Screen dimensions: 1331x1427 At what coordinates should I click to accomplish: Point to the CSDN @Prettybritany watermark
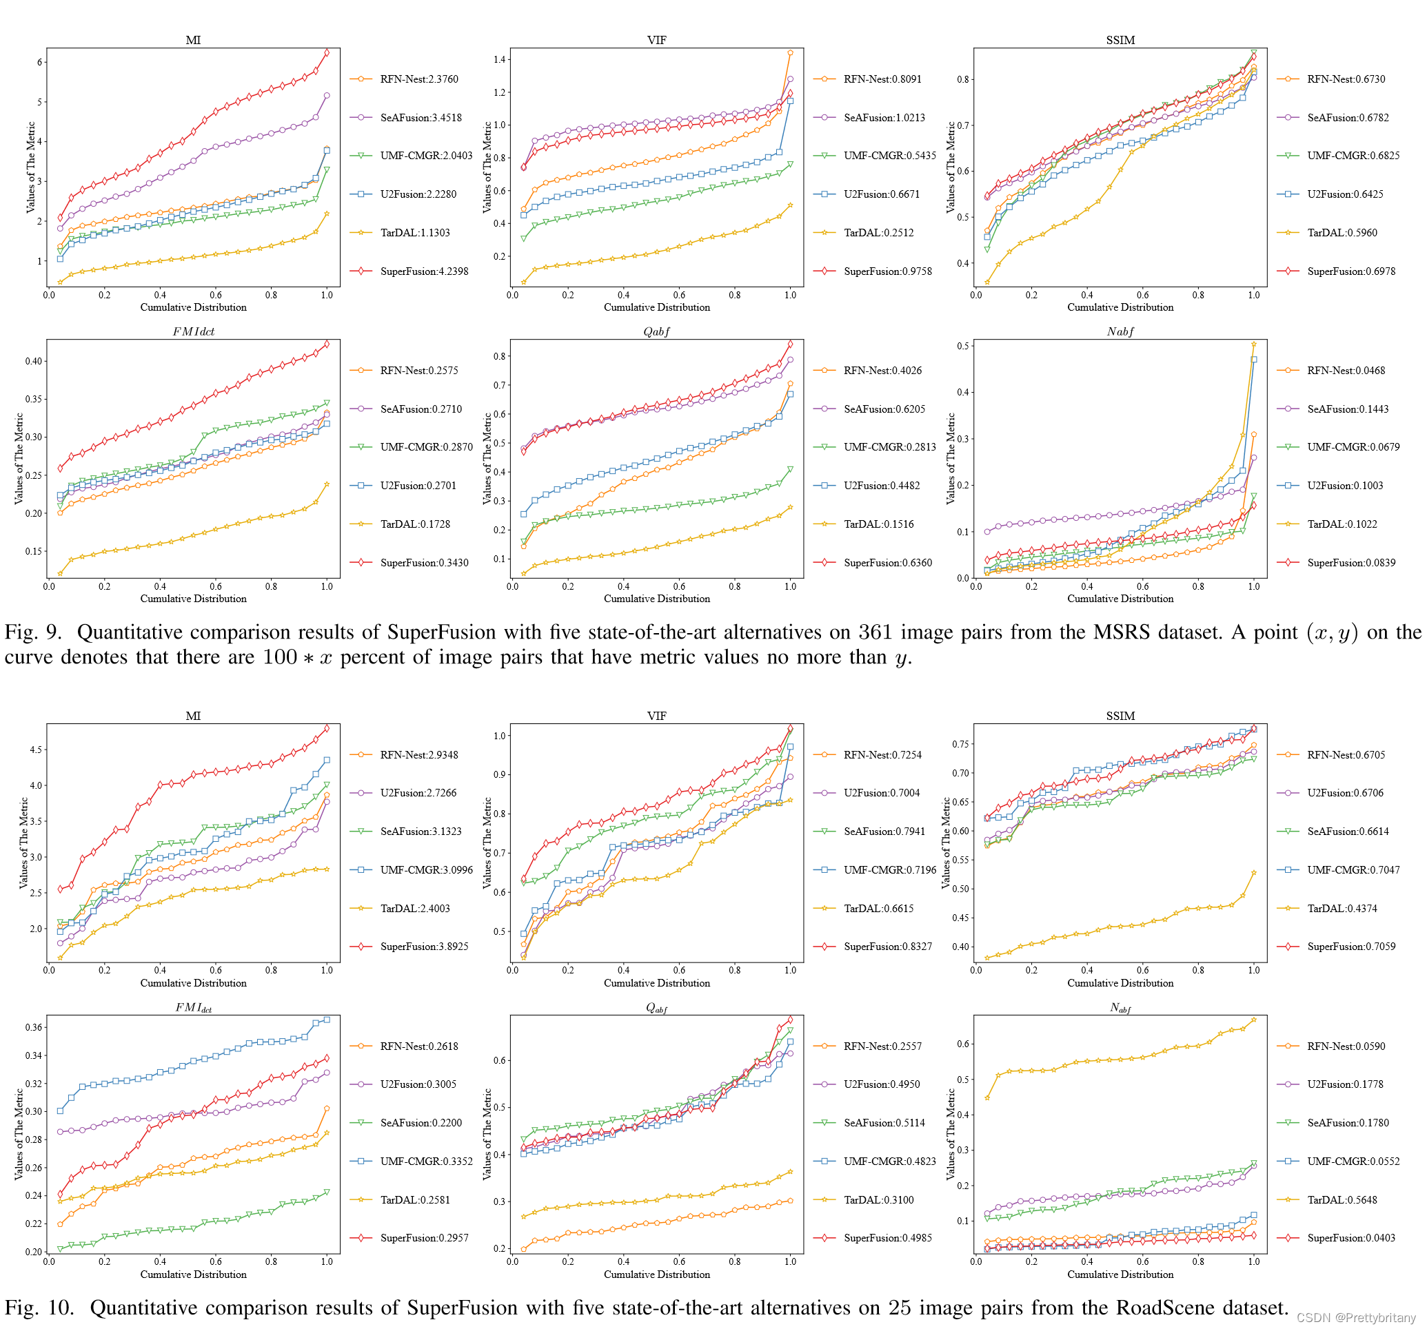point(1356,1318)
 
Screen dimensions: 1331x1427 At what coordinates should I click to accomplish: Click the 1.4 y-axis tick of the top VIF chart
point(500,59)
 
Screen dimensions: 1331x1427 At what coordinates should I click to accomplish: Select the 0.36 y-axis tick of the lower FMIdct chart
point(34,1027)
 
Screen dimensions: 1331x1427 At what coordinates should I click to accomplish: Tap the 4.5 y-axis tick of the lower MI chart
point(36,750)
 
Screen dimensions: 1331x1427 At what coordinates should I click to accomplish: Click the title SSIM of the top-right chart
point(1120,40)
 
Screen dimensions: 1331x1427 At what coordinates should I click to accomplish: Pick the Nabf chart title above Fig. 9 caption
point(1120,331)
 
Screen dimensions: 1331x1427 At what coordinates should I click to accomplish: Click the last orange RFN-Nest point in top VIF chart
point(790,53)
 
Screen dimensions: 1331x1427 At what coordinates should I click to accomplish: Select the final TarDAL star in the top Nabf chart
point(1254,345)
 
